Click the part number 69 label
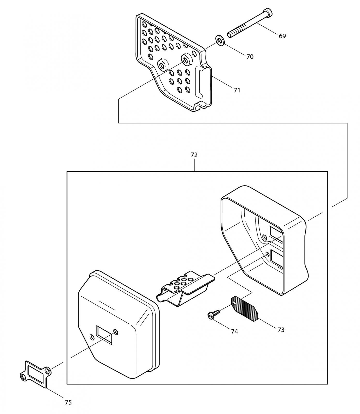[x=282, y=36]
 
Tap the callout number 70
[x=250, y=56]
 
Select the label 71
[x=237, y=90]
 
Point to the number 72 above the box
[x=194, y=155]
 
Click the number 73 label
[x=281, y=330]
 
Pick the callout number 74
[x=234, y=331]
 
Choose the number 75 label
[x=68, y=402]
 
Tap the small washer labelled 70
[x=220, y=41]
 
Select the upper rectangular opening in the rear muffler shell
[x=276, y=233]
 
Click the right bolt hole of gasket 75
[x=48, y=371]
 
